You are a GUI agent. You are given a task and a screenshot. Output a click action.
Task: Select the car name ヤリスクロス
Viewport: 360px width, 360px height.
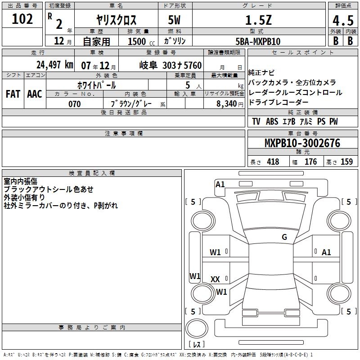click(x=117, y=20)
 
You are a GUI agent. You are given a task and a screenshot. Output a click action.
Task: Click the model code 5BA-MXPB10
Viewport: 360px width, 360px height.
click(x=258, y=41)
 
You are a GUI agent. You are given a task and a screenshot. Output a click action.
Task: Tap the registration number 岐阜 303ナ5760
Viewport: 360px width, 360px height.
click(x=171, y=65)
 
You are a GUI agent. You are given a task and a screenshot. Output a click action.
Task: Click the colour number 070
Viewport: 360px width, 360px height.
click(x=74, y=104)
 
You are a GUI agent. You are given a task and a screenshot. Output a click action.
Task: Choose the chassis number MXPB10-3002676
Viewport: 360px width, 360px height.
click(x=302, y=144)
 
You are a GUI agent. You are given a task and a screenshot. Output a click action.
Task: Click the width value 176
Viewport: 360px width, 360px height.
click(x=311, y=162)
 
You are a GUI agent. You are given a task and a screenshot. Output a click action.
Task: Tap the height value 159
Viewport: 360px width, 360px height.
click(x=346, y=162)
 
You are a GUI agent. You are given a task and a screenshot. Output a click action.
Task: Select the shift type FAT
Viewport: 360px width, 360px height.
click(x=13, y=94)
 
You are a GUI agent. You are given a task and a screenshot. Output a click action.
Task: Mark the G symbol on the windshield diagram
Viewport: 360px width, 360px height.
click(x=284, y=237)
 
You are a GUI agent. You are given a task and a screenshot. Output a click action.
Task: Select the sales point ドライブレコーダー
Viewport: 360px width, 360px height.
click(x=279, y=103)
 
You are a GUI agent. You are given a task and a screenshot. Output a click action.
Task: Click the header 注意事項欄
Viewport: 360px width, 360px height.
click(x=123, y=134)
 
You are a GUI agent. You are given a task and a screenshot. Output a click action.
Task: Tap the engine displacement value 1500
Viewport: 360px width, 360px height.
click(x=137, y=41)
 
